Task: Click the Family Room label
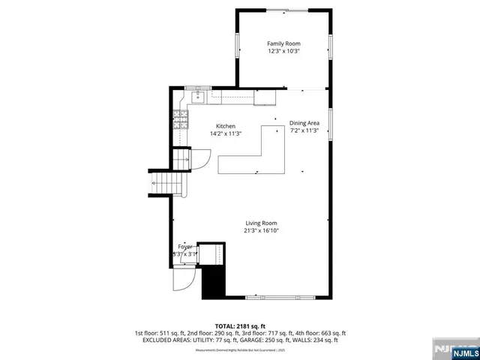point(283,43)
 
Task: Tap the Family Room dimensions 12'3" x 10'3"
point(283,51)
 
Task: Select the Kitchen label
point(226,126)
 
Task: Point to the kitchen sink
point(199,96)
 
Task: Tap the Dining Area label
point(304,123)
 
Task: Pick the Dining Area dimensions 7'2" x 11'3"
point(304,130)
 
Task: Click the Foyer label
point(184,247)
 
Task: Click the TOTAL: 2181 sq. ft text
point(240,325)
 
